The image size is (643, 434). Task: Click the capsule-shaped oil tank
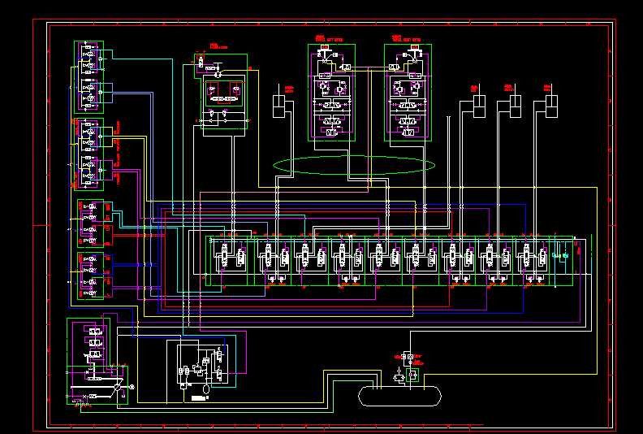[x=399, y=395]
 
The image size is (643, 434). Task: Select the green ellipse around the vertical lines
[x=353, y=165]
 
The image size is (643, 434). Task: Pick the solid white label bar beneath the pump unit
[x=198, y=398]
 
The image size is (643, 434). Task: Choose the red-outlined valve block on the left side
[x=90, y=276]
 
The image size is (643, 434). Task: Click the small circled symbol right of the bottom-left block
[x=132, y=388]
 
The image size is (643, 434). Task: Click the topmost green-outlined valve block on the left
[x=91, y=76]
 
